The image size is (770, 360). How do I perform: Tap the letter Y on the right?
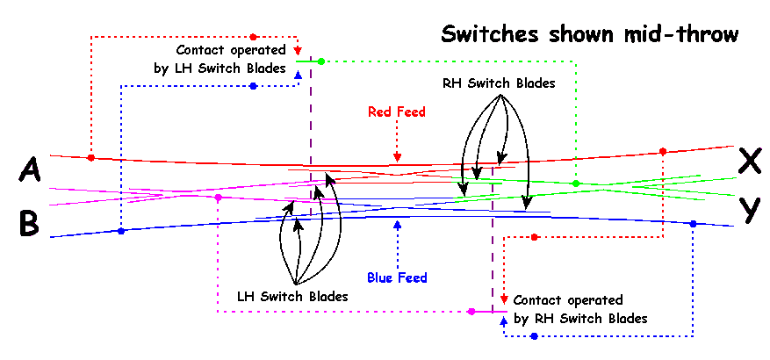pos(749,208)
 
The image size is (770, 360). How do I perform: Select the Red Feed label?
pos(397,112)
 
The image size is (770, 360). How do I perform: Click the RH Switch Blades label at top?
pos(499,84)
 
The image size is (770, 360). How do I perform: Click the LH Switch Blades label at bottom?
pos(292,297)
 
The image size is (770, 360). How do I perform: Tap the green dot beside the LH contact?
pos(321,61)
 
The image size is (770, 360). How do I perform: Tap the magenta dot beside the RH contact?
pos(471,312)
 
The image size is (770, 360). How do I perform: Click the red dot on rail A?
pos(91,158)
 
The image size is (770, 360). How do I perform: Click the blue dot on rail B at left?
pos(121,231)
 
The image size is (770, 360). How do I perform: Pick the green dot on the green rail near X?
pos(576,184)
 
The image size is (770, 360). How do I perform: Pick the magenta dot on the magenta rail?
pos(217,198)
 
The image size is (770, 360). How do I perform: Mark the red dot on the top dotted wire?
pos(253,37)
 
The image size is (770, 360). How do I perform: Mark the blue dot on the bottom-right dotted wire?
pos(534,336)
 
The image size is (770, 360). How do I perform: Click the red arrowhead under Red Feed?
pos(397,158)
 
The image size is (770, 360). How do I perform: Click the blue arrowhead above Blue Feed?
pos(397,225)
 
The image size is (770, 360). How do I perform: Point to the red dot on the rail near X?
pos(663,150)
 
